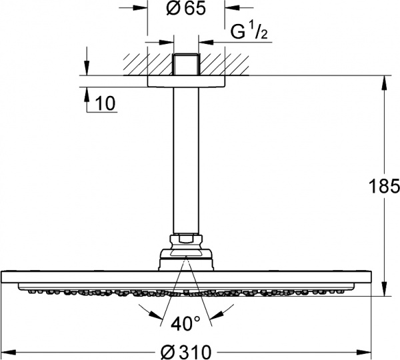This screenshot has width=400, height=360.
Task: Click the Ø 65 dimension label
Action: tap(184, 10)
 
